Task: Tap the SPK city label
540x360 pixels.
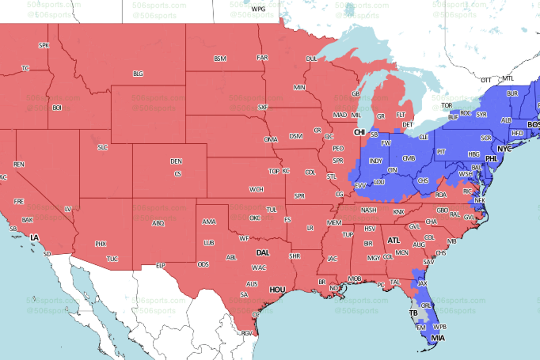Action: click(43, 45)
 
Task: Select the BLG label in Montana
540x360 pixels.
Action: click(138, 73)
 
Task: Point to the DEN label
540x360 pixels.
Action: click(176, 161)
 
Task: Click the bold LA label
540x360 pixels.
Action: click(34, 238)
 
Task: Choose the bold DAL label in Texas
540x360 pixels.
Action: click(262, 253)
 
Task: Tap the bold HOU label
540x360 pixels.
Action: click(277, 290)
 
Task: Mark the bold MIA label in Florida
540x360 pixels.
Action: click(437, 338)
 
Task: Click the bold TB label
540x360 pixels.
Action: click(413, 313)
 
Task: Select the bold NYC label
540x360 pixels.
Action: click(504, 149)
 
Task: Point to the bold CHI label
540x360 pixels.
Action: click(359, 132)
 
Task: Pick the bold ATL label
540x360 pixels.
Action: click(394, 241)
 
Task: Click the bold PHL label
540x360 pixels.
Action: click(491, 159)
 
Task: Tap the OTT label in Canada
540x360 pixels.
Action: click(486, 80)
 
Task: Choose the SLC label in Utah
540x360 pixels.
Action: click(102, 147)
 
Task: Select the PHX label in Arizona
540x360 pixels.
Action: click(100, 244)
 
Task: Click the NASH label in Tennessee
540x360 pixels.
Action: click(369, 210)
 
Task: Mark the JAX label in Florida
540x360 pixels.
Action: click(422, 284)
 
